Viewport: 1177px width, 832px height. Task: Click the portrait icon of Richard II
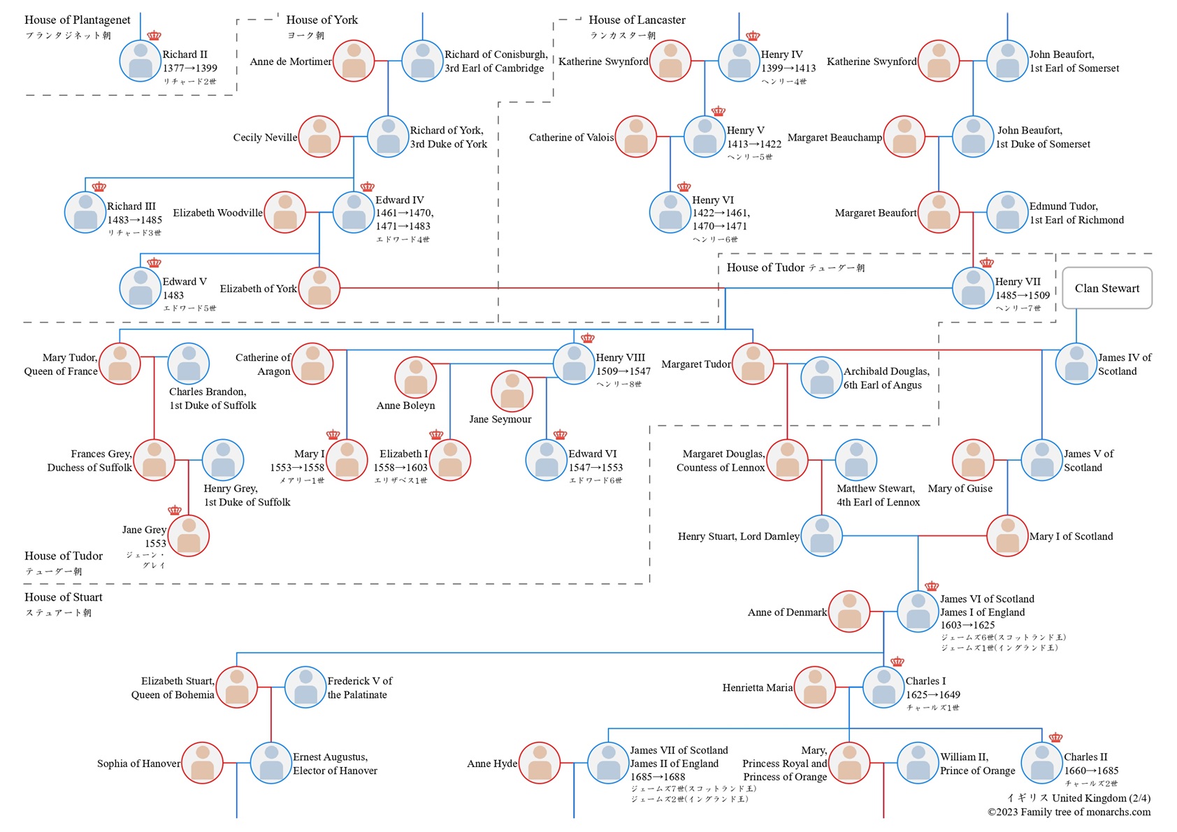(x=140, y=61)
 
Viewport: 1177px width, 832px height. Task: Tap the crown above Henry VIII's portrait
(x=588, y=338)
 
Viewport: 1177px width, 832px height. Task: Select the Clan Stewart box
(x=1106, y=288)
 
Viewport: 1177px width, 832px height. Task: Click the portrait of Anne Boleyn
(x=415, y=377)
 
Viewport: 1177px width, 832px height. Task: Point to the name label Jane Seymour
(x=500, y=419)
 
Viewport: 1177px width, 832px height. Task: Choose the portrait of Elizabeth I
(x=450, y=460)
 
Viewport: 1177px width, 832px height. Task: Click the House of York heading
(x=322, y=20)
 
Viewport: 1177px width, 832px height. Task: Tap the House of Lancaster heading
(x=637, y=20)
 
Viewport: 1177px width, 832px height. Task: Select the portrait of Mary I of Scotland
(x=1006, y=536)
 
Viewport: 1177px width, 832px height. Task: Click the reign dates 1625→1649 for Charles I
(x=932, y=695)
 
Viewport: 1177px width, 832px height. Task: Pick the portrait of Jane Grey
(x=189, y=536)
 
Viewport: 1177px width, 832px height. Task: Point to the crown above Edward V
(x=154, y=263)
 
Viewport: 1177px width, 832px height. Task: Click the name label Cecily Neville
(x=265, y=138)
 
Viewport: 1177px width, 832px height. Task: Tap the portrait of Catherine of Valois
(x=635, y=136)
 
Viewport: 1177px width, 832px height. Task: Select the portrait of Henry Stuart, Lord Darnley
(x=821, y=536)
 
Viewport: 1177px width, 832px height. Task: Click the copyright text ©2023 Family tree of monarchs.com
(x=1069, y=812)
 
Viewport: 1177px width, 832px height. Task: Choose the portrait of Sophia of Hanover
(x=202, y=763)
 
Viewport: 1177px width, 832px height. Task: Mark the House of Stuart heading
(x=63, y=597)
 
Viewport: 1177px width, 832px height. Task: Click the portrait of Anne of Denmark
(x=849, y=611)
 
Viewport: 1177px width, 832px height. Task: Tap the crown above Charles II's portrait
(x=1055, y=738)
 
